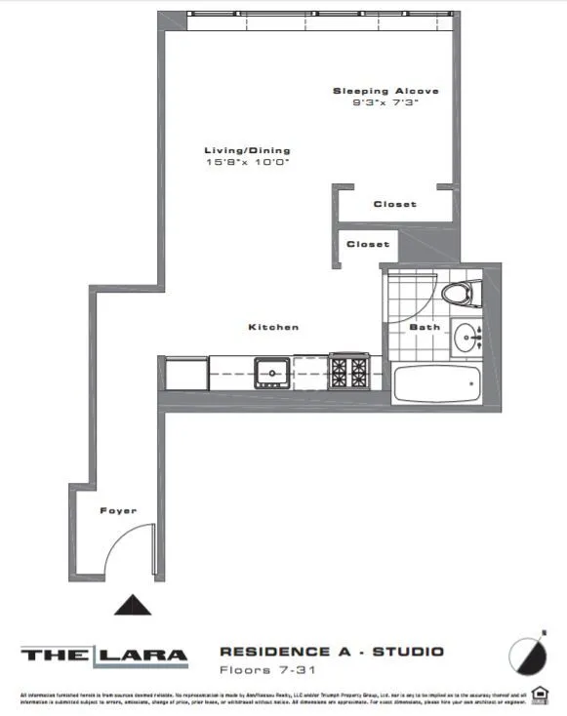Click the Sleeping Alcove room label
385,91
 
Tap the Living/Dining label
247,150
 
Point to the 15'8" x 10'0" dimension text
247,162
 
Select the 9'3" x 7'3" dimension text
385,102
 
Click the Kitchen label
273,327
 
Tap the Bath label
425,327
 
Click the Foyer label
118,510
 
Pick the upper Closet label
394,204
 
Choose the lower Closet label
368,244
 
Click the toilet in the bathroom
460,292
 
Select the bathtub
436,386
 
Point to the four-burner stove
348,371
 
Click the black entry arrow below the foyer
134,606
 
